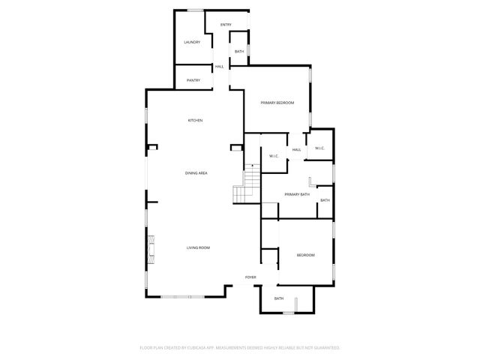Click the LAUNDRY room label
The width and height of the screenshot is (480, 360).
coord(192,42)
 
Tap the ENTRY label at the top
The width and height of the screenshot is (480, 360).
coord(226,25)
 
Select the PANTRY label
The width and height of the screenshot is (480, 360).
coord(193,80)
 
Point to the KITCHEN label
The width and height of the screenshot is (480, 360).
coord(195,121)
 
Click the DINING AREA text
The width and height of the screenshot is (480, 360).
coord(196,173)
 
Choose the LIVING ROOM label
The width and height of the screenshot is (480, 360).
coord(198,247)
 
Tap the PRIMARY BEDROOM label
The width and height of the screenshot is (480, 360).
coord(277,102)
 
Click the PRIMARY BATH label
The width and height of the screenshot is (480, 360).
coord(297,194)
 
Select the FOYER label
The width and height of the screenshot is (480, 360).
coord(250,277)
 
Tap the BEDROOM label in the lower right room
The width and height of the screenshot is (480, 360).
coord(305,256)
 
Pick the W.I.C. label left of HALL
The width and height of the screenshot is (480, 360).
coord(274,156)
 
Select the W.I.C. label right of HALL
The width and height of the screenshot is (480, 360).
coord(319,148)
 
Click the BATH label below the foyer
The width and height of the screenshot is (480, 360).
coord(279,299)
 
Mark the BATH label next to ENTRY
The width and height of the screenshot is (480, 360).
coord(239,52)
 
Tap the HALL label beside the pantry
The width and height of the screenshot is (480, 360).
coord(220,67)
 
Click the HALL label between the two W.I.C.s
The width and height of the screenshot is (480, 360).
coord(296,150)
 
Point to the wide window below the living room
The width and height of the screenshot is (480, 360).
coord(181,297)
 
